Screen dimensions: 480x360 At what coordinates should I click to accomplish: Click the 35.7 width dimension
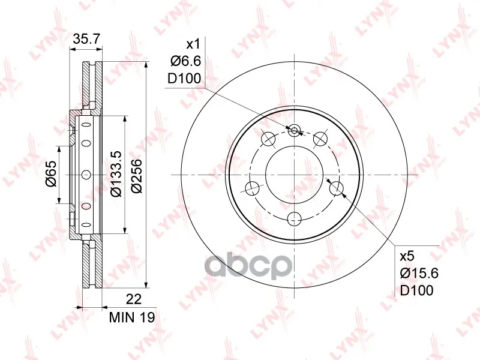86,39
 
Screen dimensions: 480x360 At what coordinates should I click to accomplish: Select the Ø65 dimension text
51,173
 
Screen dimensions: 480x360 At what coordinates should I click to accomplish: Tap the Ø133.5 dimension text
116,173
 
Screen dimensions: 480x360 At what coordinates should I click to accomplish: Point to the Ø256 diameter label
137,176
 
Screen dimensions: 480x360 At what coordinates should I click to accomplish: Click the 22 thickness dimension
134,299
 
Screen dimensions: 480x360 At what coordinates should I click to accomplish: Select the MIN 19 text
132,317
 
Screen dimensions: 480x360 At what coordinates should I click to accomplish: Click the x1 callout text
193,44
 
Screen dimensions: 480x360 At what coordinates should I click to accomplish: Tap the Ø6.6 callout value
186,62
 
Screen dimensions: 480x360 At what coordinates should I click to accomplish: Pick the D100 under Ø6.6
184,79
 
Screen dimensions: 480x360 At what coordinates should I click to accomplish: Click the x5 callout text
407,256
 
